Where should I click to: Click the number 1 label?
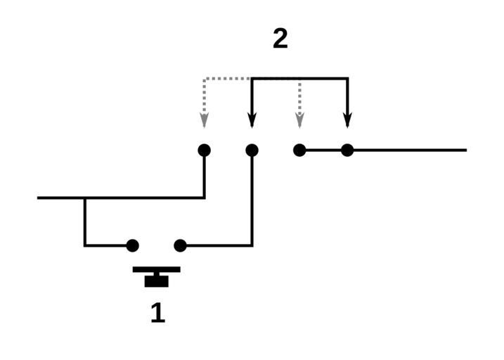coord(157,313)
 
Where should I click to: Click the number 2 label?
coord(280,39)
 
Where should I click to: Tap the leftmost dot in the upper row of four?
coord(204,150)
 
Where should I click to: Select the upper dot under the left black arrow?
coord(252,150)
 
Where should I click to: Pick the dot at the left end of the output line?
coord(299,150)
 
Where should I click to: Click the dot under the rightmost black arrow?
coord(347,150)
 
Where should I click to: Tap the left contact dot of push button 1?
coord(132,245)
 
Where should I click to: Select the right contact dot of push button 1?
coord(180,245)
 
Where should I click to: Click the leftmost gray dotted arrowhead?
coord(204,121)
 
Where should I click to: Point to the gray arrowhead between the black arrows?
coord(299,121)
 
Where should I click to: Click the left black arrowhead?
coord(252,121)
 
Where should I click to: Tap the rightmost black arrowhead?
coord(347,121)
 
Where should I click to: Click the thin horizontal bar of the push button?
coord(157,269)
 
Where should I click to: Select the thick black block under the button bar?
coord(157,281)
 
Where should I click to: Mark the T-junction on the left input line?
coord(85,198)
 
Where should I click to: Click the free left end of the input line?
coord(39,198)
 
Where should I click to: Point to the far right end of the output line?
coord(465,150)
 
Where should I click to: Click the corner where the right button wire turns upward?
coord(252,245)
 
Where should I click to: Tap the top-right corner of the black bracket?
coord(347,78)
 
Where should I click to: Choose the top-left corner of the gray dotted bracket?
coord(204,78)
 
